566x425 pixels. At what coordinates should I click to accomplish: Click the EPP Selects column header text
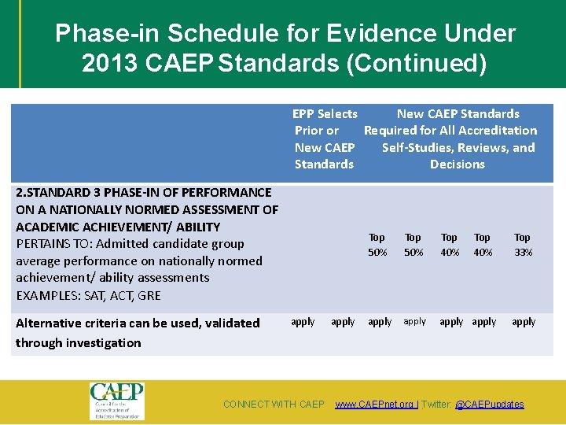coord(325,114)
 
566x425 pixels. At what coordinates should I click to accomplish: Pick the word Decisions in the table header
coord(457,164)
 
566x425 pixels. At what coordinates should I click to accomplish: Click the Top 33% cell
coord(522,245)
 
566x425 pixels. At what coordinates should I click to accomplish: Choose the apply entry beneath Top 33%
coord(523,322)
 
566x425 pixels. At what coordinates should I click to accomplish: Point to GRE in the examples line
coord(149,296)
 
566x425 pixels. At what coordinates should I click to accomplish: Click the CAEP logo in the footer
coord(116,401)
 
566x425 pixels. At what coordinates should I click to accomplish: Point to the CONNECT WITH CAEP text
coord(274,405)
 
